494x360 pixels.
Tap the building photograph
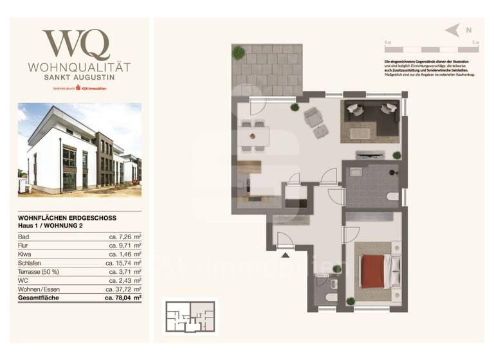pos(80,149)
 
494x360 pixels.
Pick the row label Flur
pos(24,246)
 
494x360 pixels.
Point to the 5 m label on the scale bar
pos(475,42)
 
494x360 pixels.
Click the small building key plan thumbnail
pos(190,316)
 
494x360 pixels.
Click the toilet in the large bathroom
pos(392,196)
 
